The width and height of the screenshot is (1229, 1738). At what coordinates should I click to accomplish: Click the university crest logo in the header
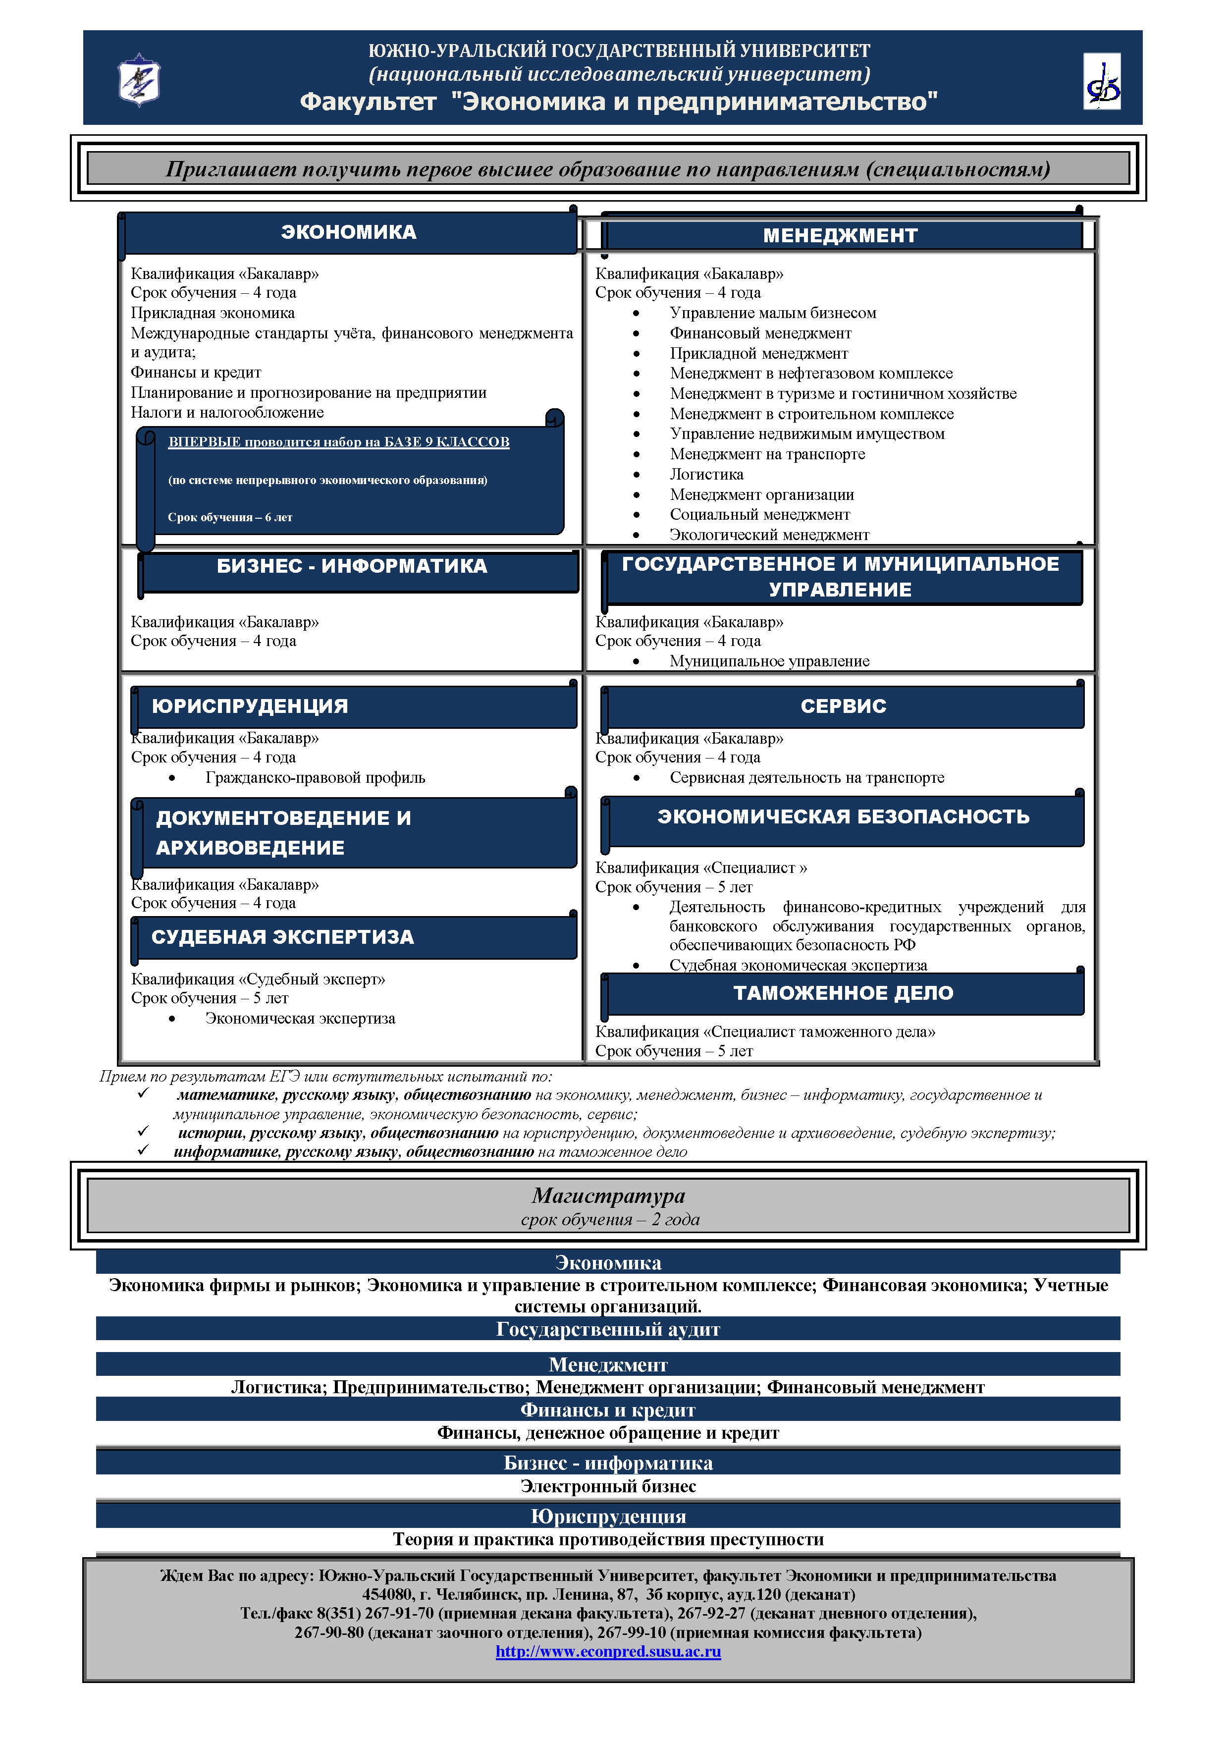139,79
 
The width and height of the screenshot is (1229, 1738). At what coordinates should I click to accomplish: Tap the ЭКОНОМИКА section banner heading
349,232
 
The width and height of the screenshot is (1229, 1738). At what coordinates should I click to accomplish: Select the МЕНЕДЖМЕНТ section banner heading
840,235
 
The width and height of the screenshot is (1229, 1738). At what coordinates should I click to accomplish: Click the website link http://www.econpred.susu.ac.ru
608,1651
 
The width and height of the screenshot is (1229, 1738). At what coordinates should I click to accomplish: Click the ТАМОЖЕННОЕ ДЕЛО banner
843,993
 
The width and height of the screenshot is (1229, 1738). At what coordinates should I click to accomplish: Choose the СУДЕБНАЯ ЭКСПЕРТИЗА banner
282,937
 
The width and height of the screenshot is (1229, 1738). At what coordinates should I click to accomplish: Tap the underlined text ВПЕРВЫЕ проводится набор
338,442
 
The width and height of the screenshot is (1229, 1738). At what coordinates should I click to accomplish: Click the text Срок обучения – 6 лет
229,518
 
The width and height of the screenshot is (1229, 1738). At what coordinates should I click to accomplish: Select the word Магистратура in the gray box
608,1195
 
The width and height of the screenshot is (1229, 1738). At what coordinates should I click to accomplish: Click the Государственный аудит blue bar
608,1329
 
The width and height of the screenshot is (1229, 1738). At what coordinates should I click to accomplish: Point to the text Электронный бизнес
608,1486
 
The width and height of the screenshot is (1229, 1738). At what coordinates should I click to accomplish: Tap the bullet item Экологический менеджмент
769,535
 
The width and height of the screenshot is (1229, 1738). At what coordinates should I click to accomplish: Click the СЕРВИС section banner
843,706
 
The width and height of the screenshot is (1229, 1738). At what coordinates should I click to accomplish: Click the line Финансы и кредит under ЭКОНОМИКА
196,373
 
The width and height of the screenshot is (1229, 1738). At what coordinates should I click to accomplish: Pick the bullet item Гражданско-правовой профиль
315,777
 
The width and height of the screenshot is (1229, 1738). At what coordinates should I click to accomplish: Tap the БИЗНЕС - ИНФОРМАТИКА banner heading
352,566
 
